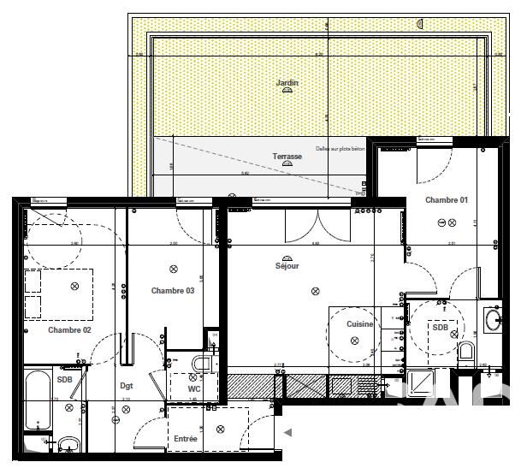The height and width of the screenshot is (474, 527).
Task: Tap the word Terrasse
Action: coord(287,157)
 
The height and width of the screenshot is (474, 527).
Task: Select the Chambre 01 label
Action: coord(446,200)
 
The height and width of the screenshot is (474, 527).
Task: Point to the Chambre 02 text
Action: coord(69,329)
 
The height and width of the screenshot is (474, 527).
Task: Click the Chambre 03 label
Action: coord(173,291)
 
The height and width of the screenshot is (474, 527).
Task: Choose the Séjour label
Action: coord(287,266)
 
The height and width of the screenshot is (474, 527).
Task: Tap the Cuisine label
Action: coord(359,324)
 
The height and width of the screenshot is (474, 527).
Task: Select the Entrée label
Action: coord(186,439)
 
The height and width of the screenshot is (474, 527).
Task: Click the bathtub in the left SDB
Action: coord(38,400)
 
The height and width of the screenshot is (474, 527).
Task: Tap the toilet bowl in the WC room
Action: coord(202,364)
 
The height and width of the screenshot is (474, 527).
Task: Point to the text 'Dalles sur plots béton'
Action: coord(340,148)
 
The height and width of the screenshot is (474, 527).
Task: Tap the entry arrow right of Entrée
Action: coord(288,433)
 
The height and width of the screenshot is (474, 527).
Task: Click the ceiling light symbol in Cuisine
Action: coord(353,341)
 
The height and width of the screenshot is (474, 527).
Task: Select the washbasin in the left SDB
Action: coord(68,443)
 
